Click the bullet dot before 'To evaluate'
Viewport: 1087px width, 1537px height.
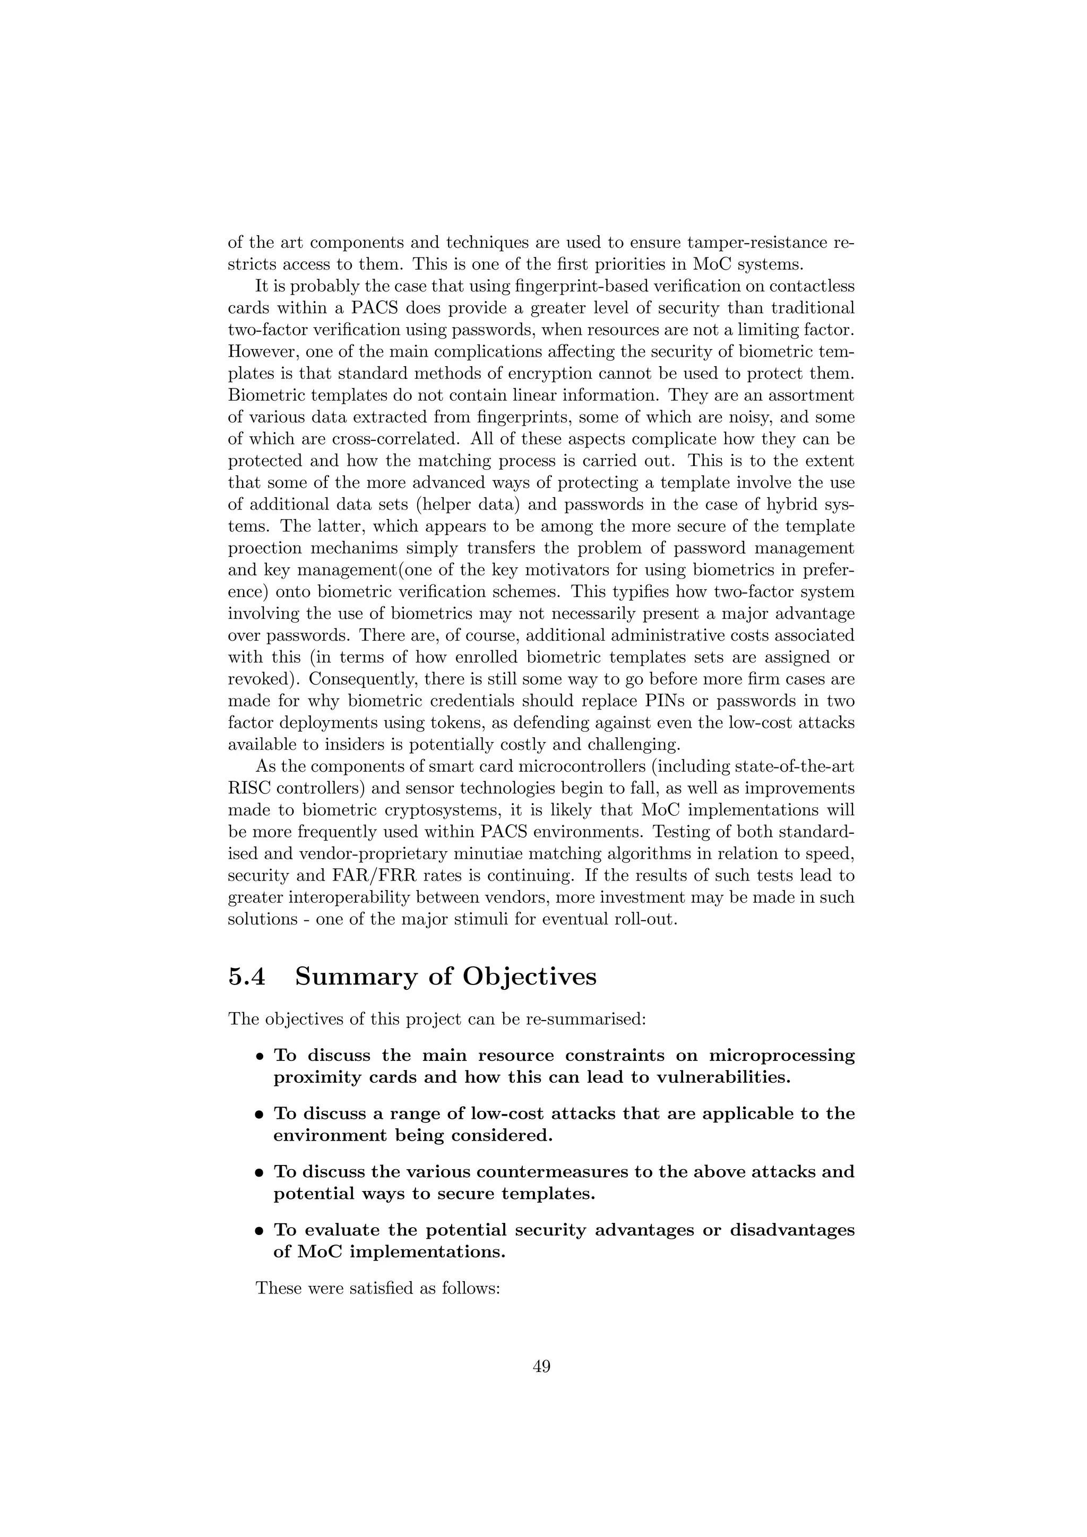tap(259, 1232)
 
